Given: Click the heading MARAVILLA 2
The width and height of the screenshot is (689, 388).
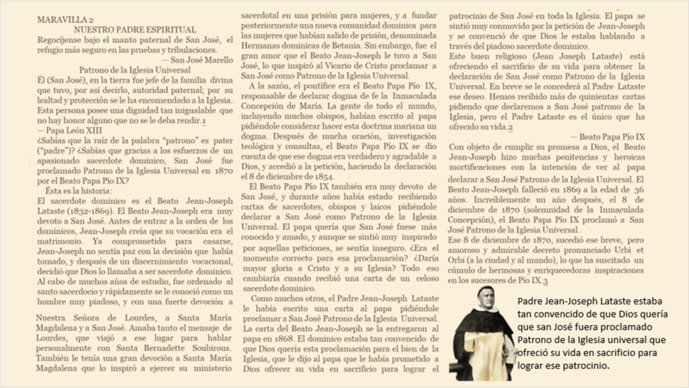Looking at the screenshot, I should [66, 20].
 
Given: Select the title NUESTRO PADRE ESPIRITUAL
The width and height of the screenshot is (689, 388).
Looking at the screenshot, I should [135, 30].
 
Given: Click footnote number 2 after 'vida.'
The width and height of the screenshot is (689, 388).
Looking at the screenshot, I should [511, 127].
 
